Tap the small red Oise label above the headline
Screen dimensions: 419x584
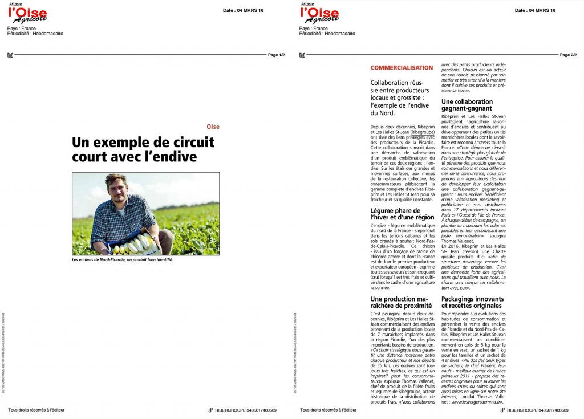tap(212, 127)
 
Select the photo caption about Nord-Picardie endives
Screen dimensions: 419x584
tap(121, 259)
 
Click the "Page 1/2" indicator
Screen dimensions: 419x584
tap(276, 55)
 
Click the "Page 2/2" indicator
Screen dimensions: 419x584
tap(568, 55)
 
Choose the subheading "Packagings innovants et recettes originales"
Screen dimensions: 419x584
tap(472, 302)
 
